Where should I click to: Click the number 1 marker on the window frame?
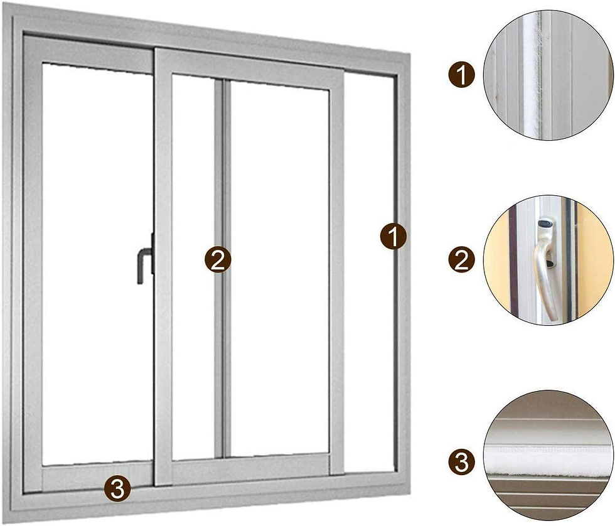[393, 237]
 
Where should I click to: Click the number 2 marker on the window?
[217, 259]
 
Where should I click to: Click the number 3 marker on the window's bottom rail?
[117, 488]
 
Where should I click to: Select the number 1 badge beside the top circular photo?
[462, 76]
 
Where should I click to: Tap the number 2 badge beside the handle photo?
[462, 260]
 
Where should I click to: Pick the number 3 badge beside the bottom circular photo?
[462, 463]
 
